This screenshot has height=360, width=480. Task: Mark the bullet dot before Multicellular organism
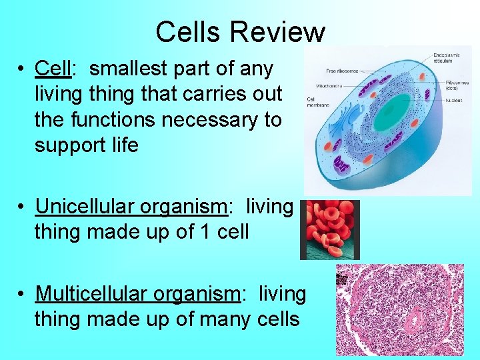(23, 294)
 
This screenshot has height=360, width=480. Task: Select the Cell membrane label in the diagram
(317, 102)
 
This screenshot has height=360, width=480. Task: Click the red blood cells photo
(331, 230)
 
